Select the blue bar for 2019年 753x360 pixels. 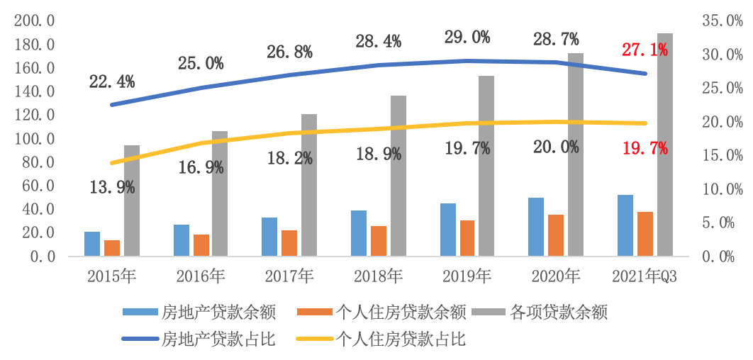click(x=448, y=230)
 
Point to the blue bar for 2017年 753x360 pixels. click(x=269, y=237)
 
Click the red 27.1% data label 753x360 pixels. click(x=645, y=50)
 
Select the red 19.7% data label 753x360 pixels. click(x=645, y=148)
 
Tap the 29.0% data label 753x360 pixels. click(x=468, y=38)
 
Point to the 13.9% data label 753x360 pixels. click(x=112, y=188)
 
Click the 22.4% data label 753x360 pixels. click(x=112, y=82)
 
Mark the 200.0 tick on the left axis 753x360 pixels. click(x=34, y=21)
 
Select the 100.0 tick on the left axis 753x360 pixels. click(x=34, y=139)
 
